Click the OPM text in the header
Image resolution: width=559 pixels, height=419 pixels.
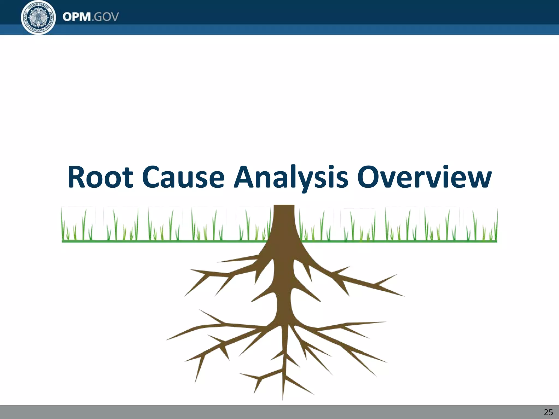77,17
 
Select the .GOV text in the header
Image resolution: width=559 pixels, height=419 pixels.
105,17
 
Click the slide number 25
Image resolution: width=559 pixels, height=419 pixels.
548,412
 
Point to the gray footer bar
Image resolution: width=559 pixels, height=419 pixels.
273,412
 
